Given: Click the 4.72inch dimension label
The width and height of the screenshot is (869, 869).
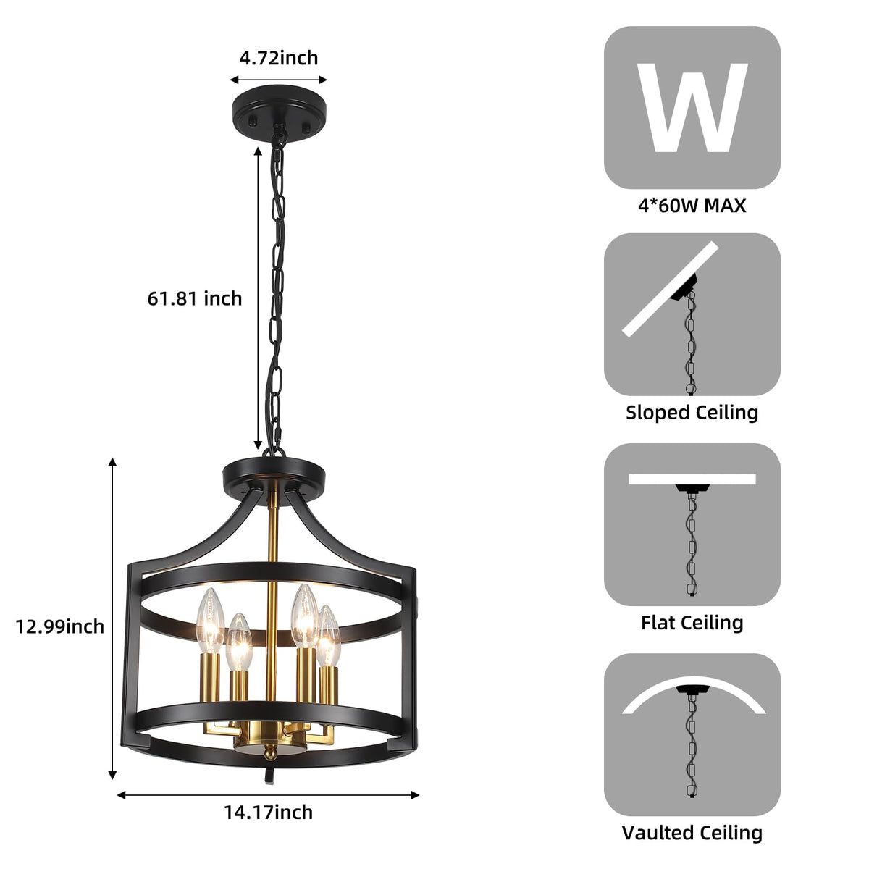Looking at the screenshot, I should [x=279, y=57].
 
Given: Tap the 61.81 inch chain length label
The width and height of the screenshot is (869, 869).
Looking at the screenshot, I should [x=195, y=298].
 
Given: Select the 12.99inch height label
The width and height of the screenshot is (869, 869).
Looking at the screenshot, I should [x=60, y=626].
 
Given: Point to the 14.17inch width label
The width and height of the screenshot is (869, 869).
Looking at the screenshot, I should [x=268, y=812].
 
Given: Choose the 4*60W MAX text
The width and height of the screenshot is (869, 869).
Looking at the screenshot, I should [x=692, y=206].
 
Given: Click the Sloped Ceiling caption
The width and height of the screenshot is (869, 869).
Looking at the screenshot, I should [x=692, y=413].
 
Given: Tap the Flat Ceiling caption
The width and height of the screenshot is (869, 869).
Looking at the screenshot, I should [x=692, y=622].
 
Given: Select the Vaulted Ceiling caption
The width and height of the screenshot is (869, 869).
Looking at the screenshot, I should [x=692, y=833].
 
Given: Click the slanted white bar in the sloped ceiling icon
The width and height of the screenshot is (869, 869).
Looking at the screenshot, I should [x=671, y=288].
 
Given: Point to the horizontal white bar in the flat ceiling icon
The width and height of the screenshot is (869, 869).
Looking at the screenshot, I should [x=692, y=479].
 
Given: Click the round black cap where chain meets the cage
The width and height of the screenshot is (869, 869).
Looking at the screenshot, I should [x=274, y=474].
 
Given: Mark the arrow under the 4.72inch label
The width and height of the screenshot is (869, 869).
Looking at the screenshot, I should [x=279, y=80].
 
